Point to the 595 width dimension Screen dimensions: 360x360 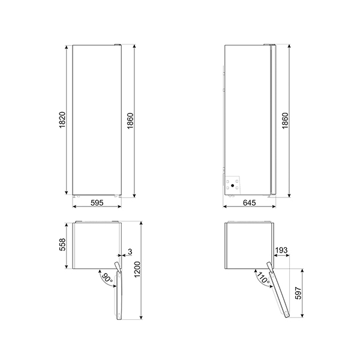click(x=97, y=203)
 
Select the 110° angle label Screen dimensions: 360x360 click(x=262, y=278)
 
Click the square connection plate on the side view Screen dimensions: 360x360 click(x=233, y=183)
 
